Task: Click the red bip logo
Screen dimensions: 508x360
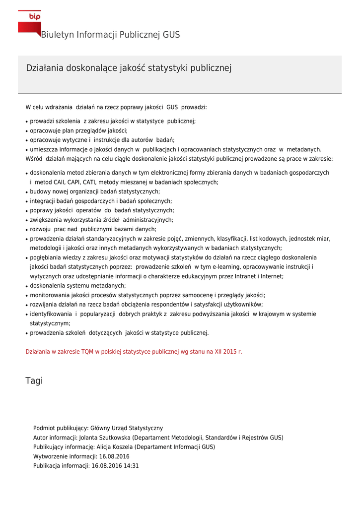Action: tap(29, 22)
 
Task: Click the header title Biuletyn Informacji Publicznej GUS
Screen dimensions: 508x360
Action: tap(110, 35)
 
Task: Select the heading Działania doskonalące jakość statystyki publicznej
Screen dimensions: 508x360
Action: tap(129, 68)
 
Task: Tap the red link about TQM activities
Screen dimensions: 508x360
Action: tap(134, 352)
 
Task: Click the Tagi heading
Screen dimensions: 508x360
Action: tap(34, 381)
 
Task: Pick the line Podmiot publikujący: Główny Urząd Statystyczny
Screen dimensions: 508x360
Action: tap(98, 428)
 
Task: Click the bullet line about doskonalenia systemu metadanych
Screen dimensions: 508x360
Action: tap(78, 286)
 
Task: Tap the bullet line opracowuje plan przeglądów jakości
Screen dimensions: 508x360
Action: tap(78, 131)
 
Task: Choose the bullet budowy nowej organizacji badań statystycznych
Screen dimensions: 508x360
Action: tap(95, 191)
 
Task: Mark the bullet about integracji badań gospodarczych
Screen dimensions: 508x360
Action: tap(101, 201)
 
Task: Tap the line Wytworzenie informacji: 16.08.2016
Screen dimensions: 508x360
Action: tap(81, 456)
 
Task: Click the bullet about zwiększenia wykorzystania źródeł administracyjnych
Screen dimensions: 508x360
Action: tap(101, 220)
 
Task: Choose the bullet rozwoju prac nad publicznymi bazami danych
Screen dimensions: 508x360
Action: tap(93, 229)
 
